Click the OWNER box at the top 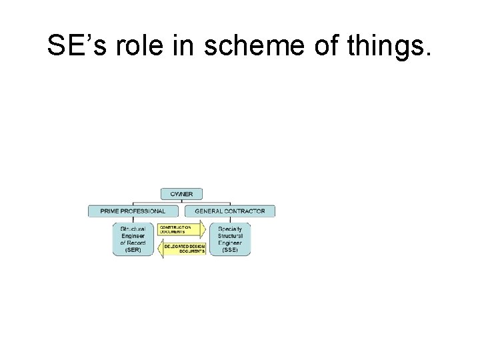(x=181, y=194)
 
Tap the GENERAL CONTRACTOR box (x=229, y=211)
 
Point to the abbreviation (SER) (x=133, y=250)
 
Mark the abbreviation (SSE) (x=230, y=250)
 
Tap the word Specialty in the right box (x=230, y=228)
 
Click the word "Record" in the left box (x=137, y=243)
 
